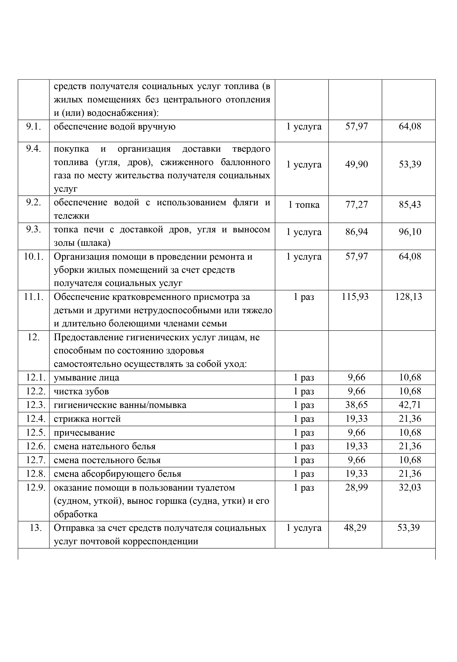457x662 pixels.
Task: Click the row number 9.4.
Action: [x=34, y=149]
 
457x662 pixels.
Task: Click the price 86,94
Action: [x=356, y=232]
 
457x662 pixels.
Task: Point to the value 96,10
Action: [x=410, y=232]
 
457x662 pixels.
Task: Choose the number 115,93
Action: [x=355, y=296]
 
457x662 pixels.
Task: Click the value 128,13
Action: [x=409, y=296]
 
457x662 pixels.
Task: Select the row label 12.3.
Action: [x=36, y=405]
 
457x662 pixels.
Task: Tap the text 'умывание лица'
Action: [x=86, y=378]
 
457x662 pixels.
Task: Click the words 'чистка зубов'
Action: [x=81, y=391]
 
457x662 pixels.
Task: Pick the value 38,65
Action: [x=356, y=405]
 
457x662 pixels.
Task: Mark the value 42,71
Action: [x=410, y=405]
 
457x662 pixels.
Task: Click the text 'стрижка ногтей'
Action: [x=87, y=419]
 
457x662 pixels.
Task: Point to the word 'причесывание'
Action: [x=84, y=432]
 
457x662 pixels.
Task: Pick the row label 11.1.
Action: [x=34, y=296]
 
